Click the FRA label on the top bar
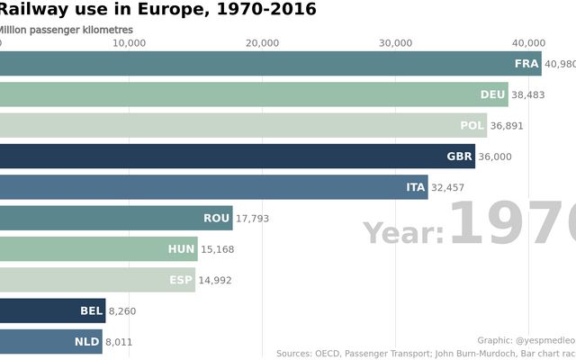point(526,64)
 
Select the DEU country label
point(492,94)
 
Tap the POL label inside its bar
point(472,126)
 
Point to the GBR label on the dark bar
point(459,157)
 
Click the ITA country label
point(415,187)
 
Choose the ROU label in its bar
point(216,219)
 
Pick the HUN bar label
point(181,249)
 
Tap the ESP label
point(181,280)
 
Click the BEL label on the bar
point(91,311)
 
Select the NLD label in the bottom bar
point(87,342)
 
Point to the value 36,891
point(507,126)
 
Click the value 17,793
point(253,219)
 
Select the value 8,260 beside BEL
point(121,311)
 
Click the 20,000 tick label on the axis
point(263,43)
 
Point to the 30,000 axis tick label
point(396,43)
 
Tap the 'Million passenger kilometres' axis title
point(65,30)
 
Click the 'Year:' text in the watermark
point(404,234)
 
